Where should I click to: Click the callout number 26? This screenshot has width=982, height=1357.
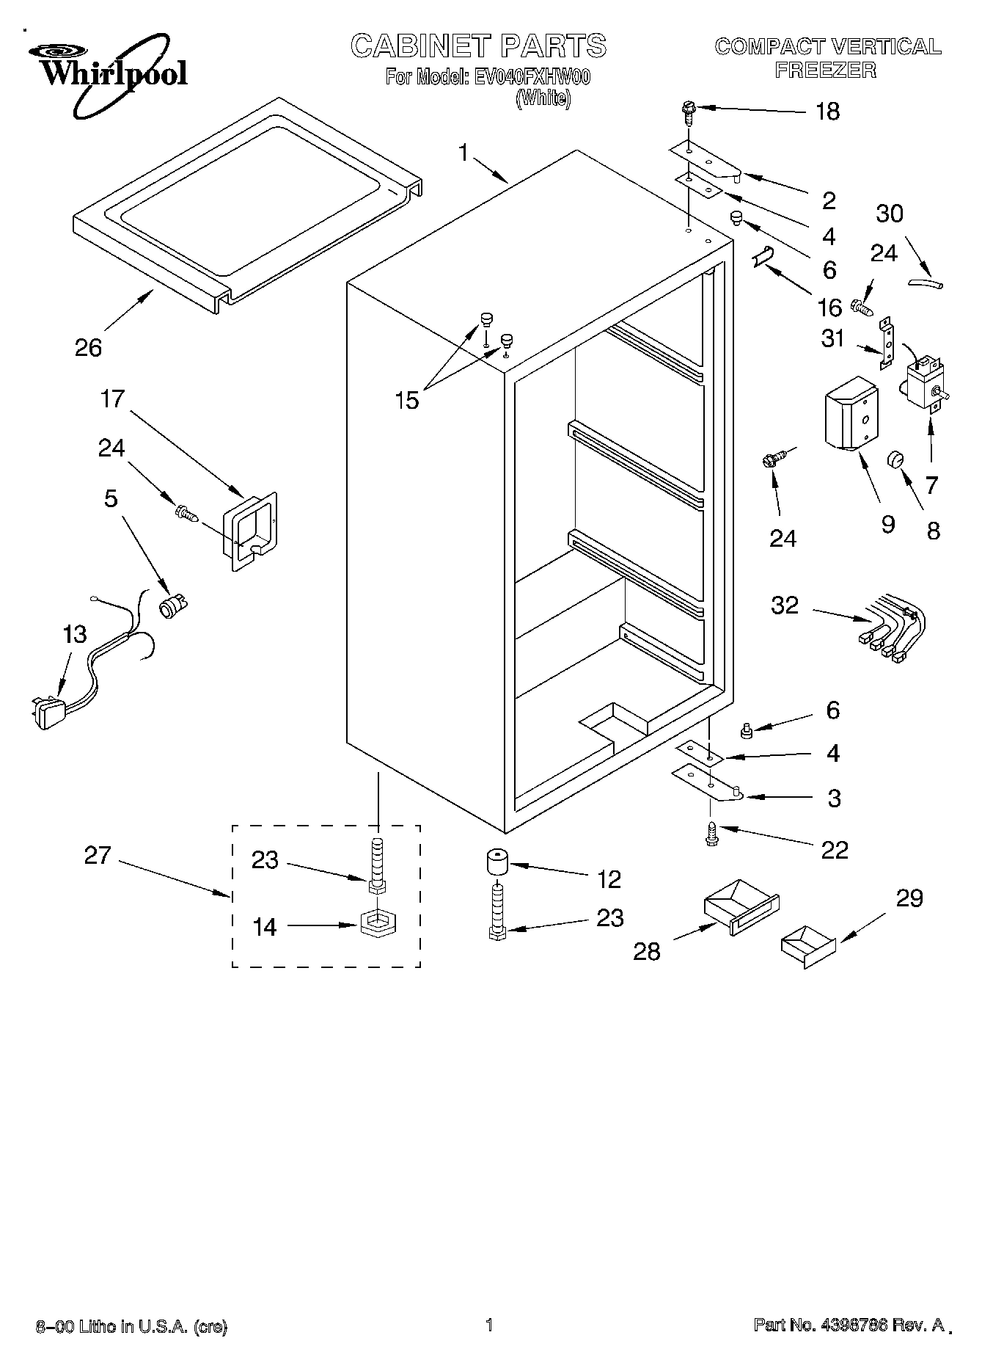pyautogui.click(x=89, y=347)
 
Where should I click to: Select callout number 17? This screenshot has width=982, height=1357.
pyautogui.click(x=112, y=399)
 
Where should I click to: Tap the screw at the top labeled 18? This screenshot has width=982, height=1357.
pyautogui.click(x=687, y=112)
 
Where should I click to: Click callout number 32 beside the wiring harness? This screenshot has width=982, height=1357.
pyautogui.click(x=784, y=605)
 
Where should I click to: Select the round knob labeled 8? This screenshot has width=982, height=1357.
pyautogui.click(x=896, y=459)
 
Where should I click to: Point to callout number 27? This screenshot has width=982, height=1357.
pyautogui.click(x=97, y=856)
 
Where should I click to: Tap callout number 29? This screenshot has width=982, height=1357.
pyautogui.click(x=909, y=898)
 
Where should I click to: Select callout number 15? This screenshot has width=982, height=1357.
pyautogui.click(x=406, y=401)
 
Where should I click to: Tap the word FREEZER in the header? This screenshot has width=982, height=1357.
pyautogui.click(x=827, y=70)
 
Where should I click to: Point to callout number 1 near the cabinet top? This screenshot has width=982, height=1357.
pyautogui.click(x=463, y=153)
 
